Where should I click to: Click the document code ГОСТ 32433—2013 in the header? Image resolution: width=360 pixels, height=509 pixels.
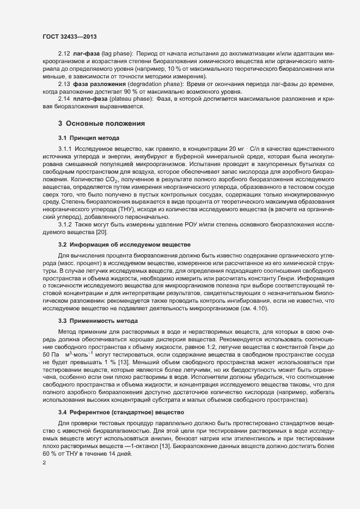(69, 36)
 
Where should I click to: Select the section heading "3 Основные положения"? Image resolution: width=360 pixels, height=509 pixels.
(101, 124)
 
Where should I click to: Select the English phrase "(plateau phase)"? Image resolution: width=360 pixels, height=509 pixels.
(131, 99)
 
